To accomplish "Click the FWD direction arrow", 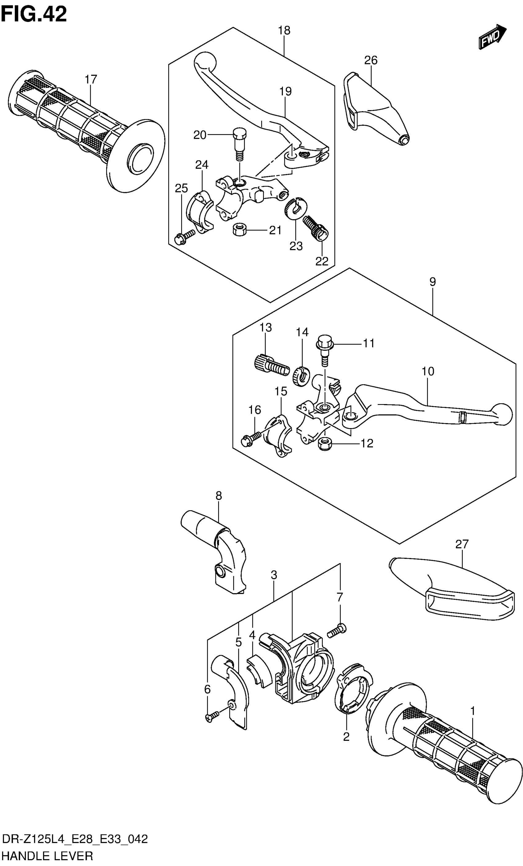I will click(492, 37).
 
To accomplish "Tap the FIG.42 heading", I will click(34, 15).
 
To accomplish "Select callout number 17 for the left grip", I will click(90, 79).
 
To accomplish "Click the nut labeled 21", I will click(239, 231).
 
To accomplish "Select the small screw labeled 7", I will click(336, 631).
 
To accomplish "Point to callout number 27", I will click(461, 544).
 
